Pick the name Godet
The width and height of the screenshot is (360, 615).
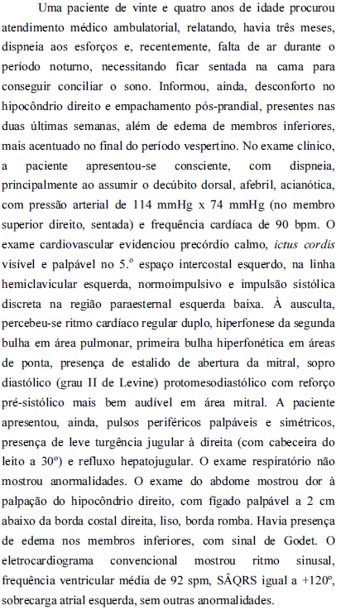click(x=294, y=545)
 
